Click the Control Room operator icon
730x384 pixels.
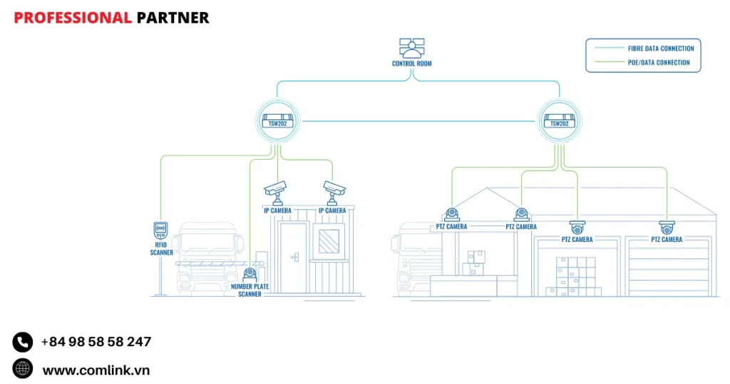[411, 48]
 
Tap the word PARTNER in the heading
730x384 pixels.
[173, 18]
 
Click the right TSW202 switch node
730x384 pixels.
[559, 121]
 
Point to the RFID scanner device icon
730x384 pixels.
[161, 231]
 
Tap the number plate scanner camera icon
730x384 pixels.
[249, 274]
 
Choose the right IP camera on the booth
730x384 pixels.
[333, 189]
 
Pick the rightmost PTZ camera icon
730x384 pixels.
[667, 228]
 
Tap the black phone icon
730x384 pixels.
[23, 342]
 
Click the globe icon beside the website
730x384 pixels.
[23, 368]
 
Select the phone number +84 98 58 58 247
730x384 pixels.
[96, 342]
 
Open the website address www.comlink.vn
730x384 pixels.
[96, 370]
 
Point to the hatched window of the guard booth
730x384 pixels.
[329, 239]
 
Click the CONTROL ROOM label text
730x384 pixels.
[411, 64]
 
